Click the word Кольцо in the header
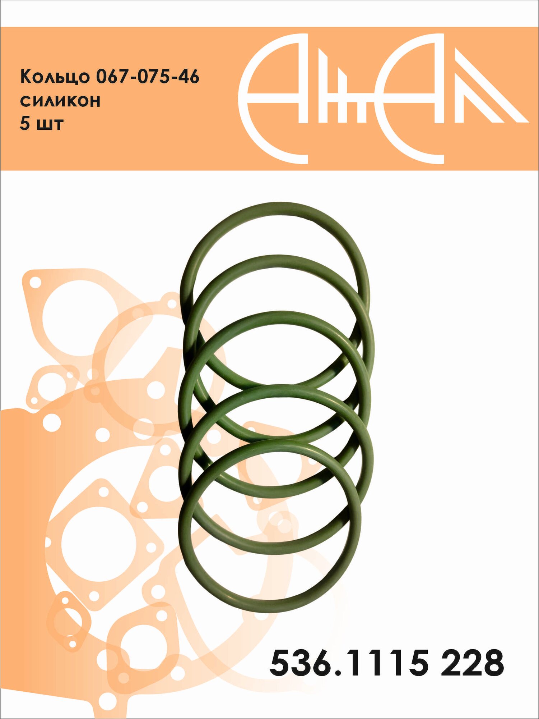55,77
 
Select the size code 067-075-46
148,76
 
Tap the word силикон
60,101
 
